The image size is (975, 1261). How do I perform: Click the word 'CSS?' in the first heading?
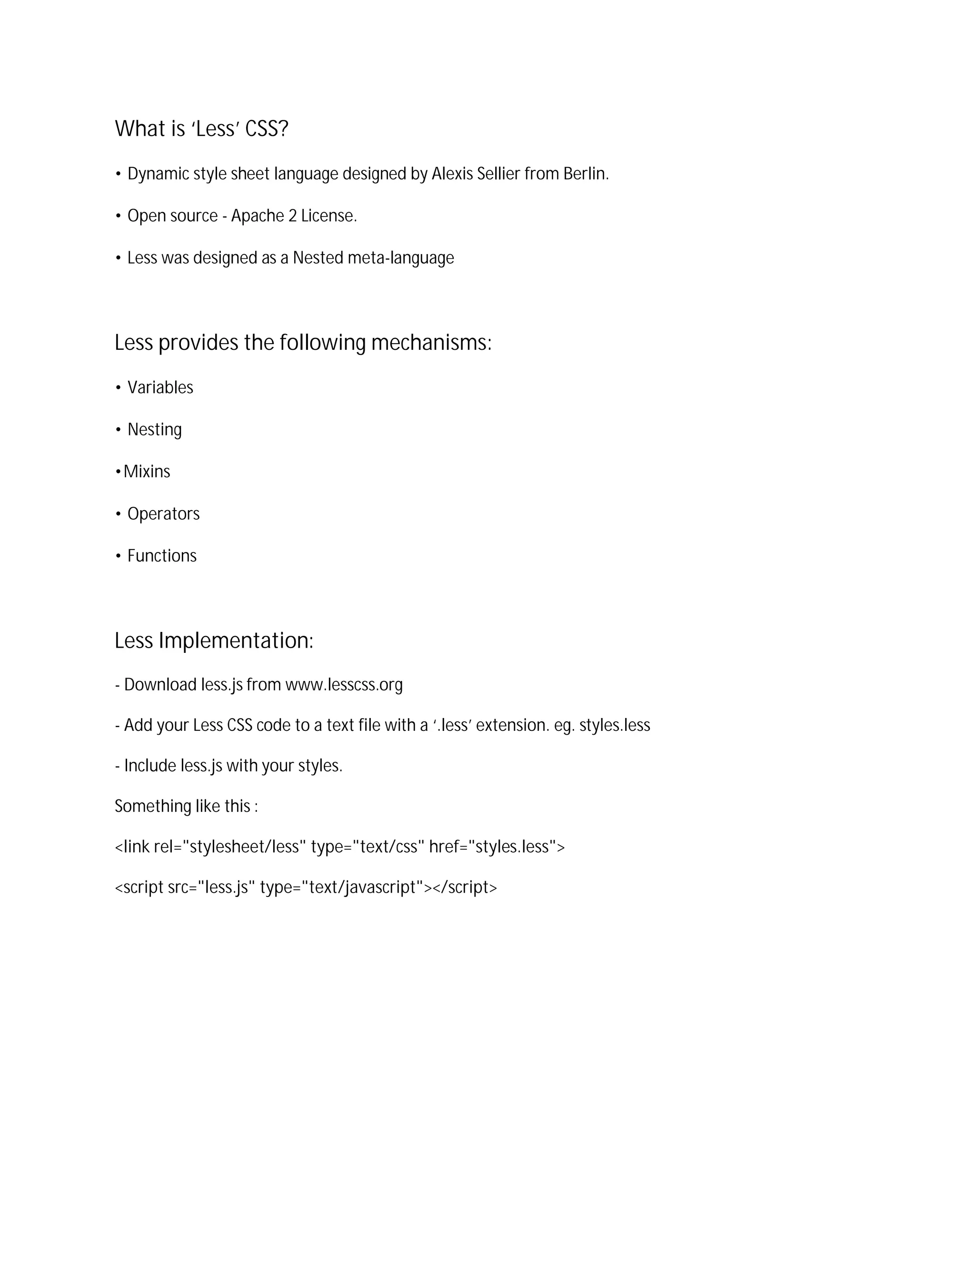point(266,129)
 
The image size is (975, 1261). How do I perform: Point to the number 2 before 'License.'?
point(292,216)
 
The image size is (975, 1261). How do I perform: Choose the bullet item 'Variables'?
point(160,387)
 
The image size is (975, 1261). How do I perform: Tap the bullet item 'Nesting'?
point(154,430)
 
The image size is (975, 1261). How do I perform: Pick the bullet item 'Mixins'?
point(147,472)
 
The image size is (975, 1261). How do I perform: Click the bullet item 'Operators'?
point(163,514)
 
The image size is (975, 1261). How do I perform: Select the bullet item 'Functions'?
point(162,556)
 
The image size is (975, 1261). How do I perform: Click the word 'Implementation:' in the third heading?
point(236,641)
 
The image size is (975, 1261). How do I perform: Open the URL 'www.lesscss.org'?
point(344,685)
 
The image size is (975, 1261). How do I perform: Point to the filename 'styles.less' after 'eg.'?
point(615,725)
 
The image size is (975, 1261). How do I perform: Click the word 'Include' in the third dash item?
point(149,766)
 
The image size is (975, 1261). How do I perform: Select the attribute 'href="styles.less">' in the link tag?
point(497,847)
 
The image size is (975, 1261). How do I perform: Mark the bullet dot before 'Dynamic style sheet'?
point(118,174)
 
